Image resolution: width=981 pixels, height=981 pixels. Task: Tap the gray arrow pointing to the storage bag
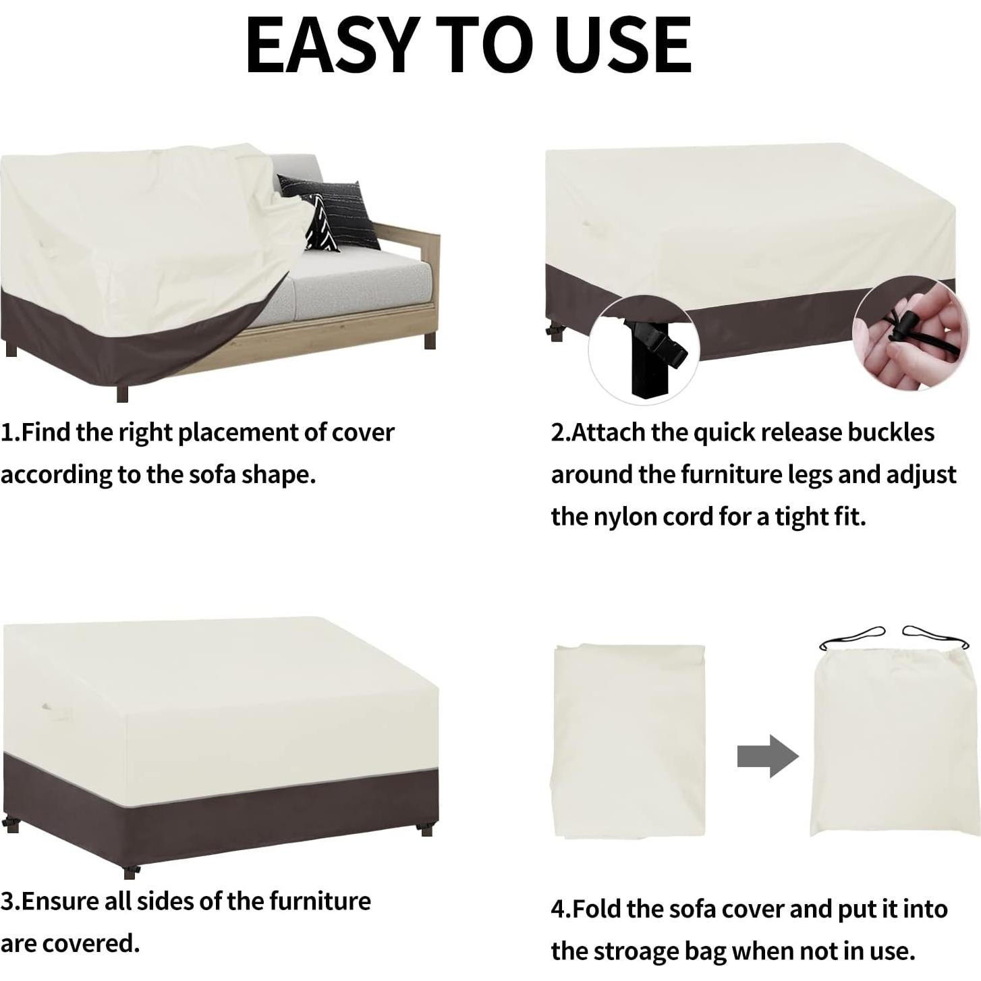pos(767,756)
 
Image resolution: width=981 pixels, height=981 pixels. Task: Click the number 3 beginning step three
pos(7,901)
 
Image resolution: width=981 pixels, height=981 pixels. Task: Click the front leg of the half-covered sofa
pos(122,392)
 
